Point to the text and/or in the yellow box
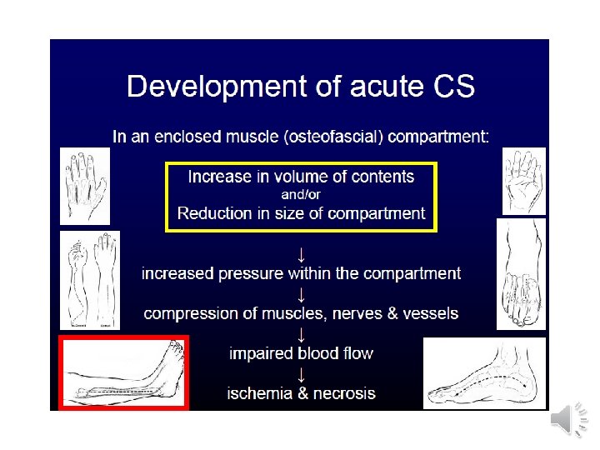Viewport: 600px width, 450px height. (301, 195)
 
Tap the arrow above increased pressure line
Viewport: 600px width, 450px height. (301, 252)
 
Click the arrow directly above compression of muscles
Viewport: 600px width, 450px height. (301, 293)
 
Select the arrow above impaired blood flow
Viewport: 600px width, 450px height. (301, 333)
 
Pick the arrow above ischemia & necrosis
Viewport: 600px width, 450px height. (301, 373)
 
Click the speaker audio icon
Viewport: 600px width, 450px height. (568, 421)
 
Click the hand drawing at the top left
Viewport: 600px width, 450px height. (85, 184)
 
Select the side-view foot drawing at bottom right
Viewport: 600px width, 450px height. (484, 372)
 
